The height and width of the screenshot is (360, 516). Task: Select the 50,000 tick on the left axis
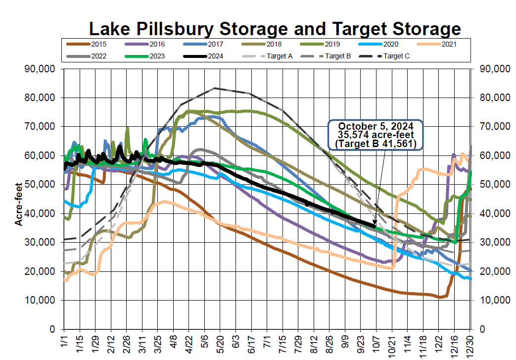click(x=40, y=184)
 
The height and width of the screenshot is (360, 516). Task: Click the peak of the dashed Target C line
click(x=214, y=88)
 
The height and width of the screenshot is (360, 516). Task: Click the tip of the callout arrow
click(x=374, y=227)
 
